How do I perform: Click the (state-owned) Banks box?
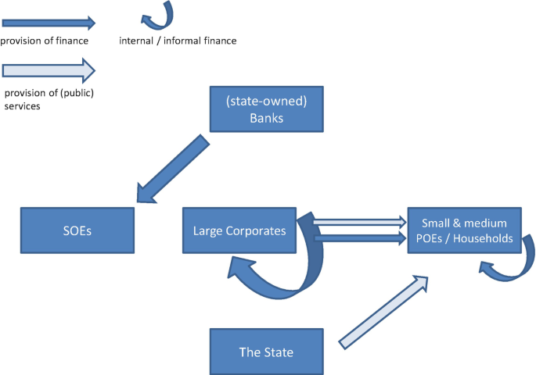pyautogui.click(x=266, y=109)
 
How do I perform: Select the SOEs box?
pyautogui.click(x=77, y=230)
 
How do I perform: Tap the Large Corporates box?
pyautogui.click(x=239, y=230)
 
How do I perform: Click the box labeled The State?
pyautogui.click(x=266, y=352)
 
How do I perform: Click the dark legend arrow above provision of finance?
pyautogui.click(x=48, y=23)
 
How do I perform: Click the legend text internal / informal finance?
pyautogui.click(x=177, y=41)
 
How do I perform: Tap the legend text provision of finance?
pyautogui.click(x=45, y=41)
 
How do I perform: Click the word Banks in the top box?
pyautogui.click(x=266, y=118)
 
